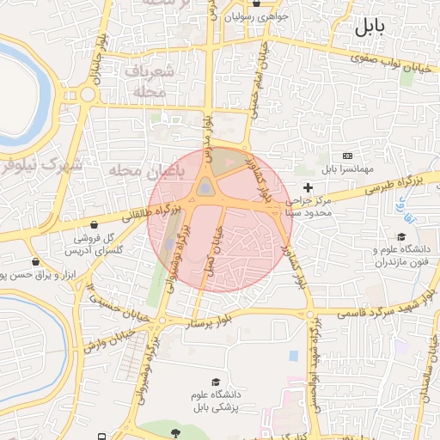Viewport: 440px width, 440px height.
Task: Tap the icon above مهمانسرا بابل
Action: tap(347, 156)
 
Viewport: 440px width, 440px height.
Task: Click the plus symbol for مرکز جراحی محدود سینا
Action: tap(309, 186)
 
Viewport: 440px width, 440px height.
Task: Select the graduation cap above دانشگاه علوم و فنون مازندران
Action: tap(400, 237)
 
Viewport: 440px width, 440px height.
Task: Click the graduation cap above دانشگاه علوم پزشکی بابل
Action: tap(216, 382)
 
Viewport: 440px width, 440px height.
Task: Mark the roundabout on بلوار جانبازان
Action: tap(87, 95)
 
